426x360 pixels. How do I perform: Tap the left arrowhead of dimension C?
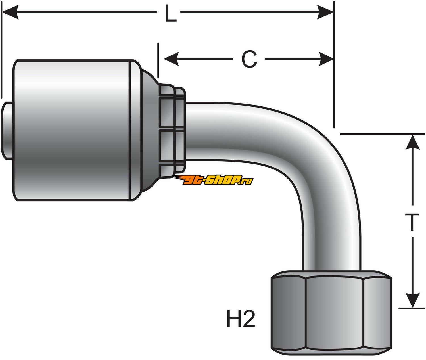point(172,59)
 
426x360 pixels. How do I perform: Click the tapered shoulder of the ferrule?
point(149,131)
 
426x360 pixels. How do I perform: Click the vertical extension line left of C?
point(158,60)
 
